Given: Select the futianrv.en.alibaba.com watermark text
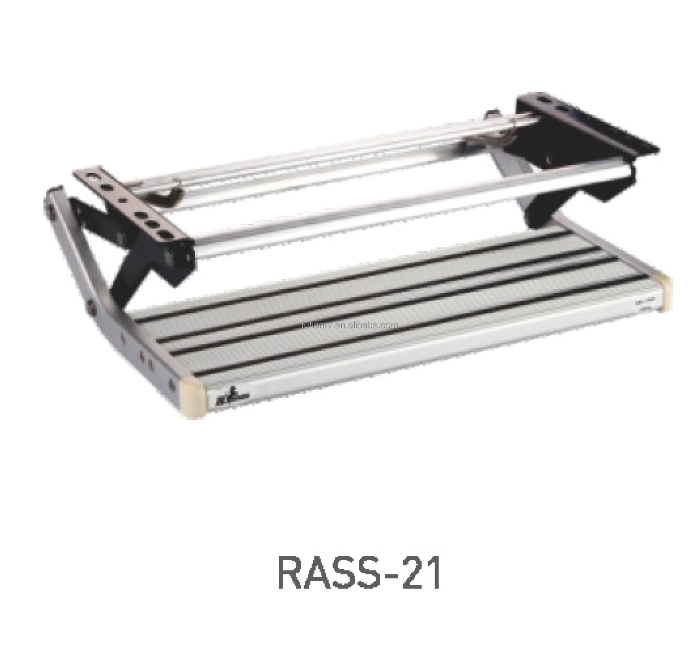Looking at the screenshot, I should (349, 325).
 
